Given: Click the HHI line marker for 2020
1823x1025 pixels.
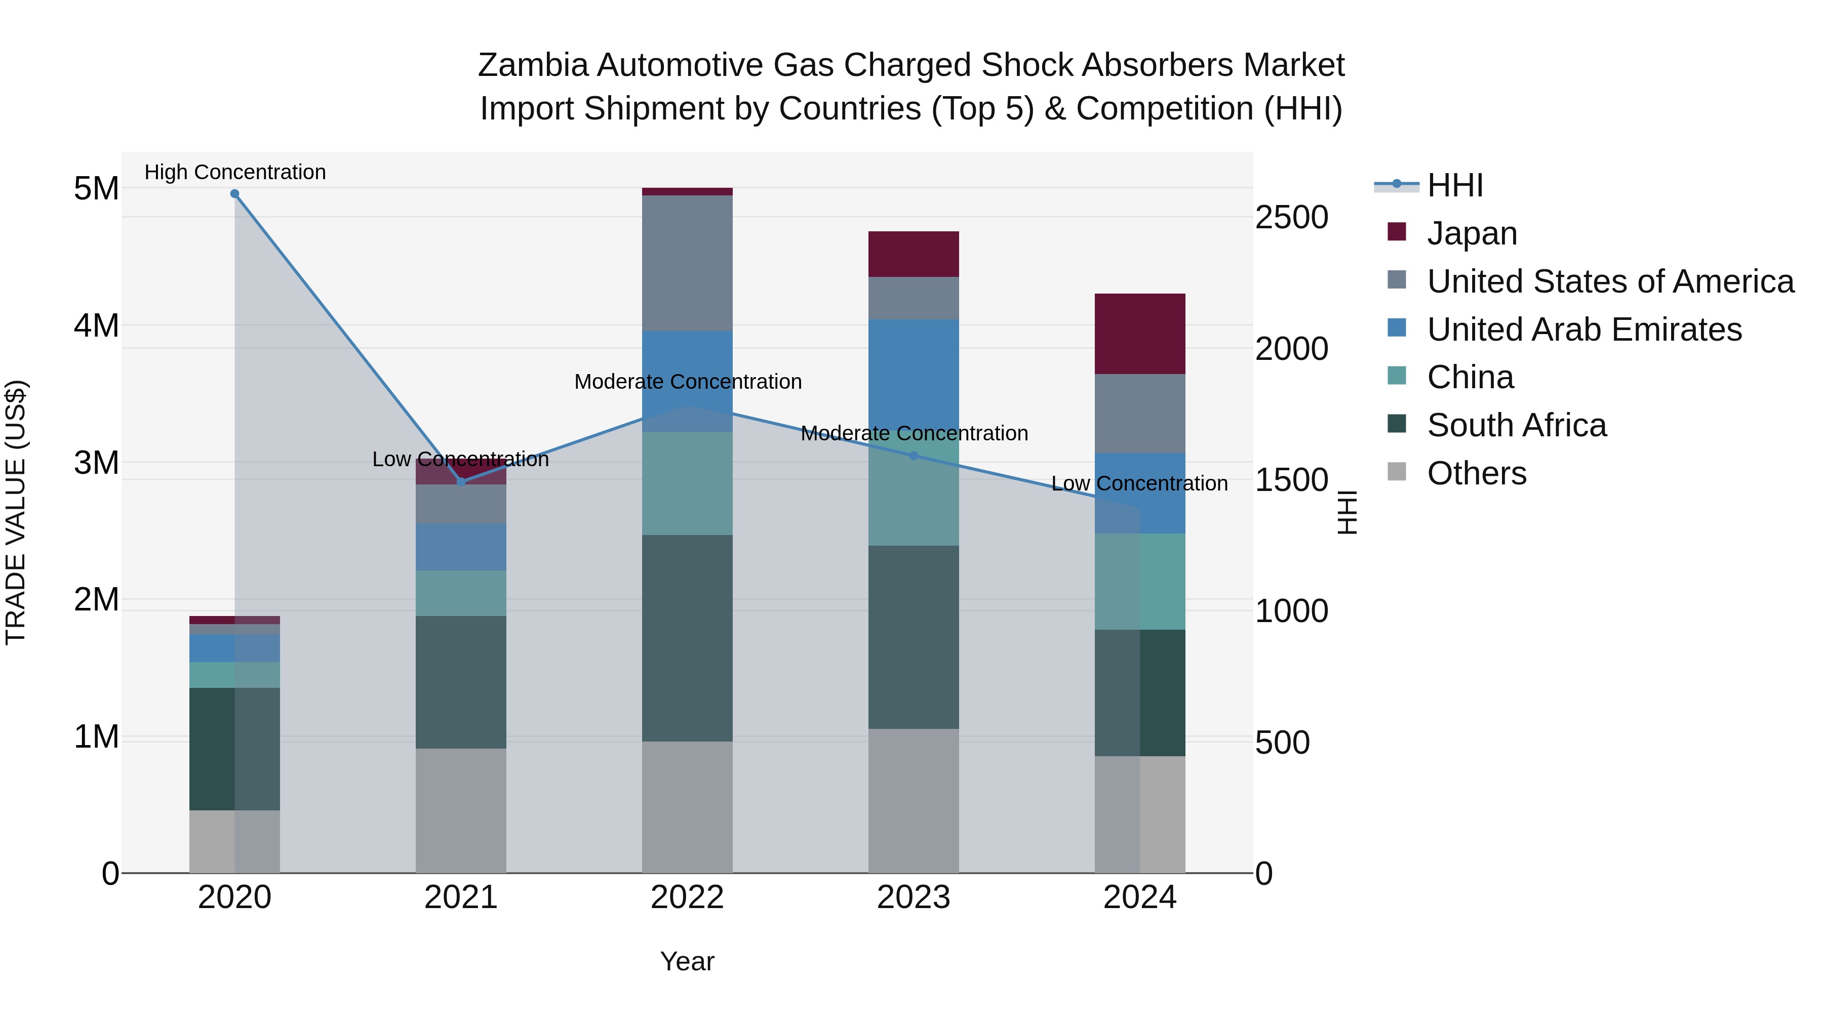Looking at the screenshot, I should click(x=235, y=194).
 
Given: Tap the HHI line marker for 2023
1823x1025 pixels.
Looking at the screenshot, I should click(x=913, y=456).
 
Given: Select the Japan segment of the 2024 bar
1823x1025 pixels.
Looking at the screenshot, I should click(x=1139, y=334).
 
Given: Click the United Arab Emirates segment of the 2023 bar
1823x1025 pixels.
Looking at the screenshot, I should click(x=913, y=375).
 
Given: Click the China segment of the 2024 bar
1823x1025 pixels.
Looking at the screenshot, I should click(x=1139, y=582).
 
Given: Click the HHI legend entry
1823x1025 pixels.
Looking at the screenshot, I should click(x=1454, y=185).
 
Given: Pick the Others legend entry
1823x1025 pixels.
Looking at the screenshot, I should click(x=1476, y=474).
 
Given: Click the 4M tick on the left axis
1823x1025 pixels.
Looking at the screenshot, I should click(x=96, y=326).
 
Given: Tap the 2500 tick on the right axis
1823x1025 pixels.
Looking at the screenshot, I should click(x=1291, y=217).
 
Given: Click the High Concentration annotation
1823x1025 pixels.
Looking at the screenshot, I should click(x=235, y=173).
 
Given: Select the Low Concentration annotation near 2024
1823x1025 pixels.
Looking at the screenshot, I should click(x=1139, y=484).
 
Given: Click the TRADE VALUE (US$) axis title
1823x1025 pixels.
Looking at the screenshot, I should click(x=16, y=512).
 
